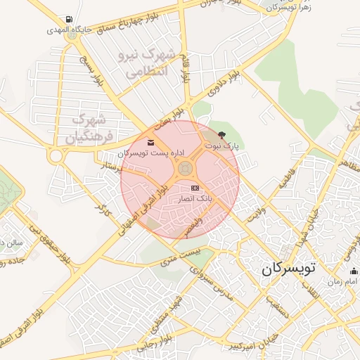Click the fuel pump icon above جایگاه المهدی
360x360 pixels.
coord(67,20)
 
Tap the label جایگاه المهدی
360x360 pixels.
coord(67,30)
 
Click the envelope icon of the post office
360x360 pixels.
coord(151,143)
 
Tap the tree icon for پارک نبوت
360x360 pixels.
coord(222,134)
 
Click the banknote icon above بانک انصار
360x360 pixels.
coord(195,188)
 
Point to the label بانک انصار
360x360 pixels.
coord(193,200)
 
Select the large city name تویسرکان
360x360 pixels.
coord(290,268)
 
